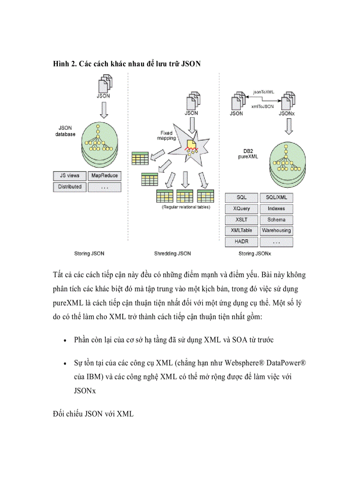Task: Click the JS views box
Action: coord(69,175)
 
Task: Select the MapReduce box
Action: coord(105,175)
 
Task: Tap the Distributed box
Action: coord(69,186)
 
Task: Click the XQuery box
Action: coord(241,208)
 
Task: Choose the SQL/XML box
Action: coord(276,197)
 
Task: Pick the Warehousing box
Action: coord(276,230)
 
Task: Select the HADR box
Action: coord(241,242)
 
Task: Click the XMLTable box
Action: coord(241,230)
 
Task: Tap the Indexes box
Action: coord(276,208)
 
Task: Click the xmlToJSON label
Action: coord(262,106)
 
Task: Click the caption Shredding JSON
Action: coord(172,253)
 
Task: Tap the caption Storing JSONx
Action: coord(255,253)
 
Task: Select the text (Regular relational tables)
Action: coord(186,207)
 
